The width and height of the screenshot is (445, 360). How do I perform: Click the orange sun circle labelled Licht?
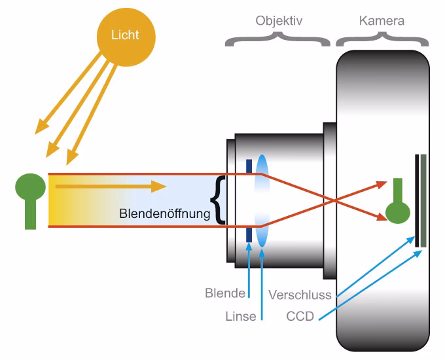[x=124, y=34]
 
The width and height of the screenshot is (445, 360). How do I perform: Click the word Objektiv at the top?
[x=278, y=21]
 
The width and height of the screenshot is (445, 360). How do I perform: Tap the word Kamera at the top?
[x=382, y=21]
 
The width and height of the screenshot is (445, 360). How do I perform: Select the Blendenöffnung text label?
[x=165, y=213]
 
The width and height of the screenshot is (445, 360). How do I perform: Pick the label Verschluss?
[x=300, y=295]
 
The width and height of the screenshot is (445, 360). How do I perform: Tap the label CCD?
[x=300, y=317]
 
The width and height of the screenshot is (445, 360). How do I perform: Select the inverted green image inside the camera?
[x=397, y=204]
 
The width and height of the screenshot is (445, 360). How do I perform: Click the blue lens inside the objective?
[x=262, y=200]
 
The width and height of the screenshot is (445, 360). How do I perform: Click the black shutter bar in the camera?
[x=416, y=200]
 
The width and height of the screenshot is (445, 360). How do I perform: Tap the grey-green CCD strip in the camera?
[x=424, y=200]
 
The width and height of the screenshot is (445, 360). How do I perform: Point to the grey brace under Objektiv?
[x=278, y=41]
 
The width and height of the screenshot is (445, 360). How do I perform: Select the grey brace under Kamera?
[x=383, y=41]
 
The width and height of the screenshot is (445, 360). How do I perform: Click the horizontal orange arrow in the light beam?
[x=111, y=187]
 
